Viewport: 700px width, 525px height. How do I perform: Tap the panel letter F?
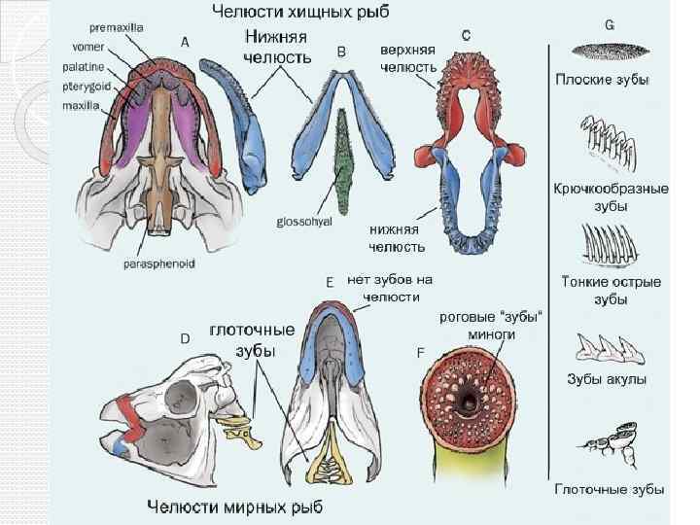[x=420, y=352]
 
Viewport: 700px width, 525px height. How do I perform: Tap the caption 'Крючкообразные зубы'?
[x=611, y=196]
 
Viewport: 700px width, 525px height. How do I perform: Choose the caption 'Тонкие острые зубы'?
[x=611, y=290]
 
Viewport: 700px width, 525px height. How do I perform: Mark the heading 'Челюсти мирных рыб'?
[x=235, y=507]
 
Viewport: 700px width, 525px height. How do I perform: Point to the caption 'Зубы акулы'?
[x=609, y=379]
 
